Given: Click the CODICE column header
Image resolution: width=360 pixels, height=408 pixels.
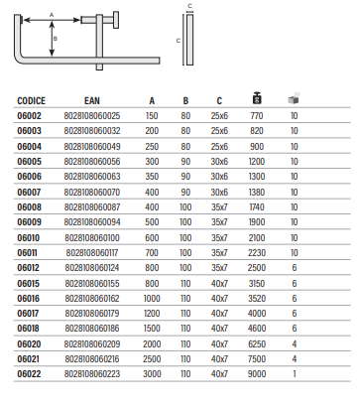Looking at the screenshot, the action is point(31,100).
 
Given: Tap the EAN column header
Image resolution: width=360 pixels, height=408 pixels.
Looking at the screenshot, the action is point(92,100).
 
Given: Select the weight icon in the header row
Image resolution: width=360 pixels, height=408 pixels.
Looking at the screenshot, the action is point(257,98).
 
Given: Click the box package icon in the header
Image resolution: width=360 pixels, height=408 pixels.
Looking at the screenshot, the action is point(294,98).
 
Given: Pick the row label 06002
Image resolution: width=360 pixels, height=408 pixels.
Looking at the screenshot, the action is point(30,116).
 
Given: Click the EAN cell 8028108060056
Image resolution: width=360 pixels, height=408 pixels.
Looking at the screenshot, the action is point(92,162).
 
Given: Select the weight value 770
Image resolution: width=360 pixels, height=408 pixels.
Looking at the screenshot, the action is point(257,116).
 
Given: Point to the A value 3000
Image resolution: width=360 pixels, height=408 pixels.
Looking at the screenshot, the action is point(152,374).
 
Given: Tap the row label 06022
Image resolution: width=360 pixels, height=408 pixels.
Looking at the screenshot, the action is point(29,374).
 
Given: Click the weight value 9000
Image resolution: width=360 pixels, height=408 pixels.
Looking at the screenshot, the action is point(257,374).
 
